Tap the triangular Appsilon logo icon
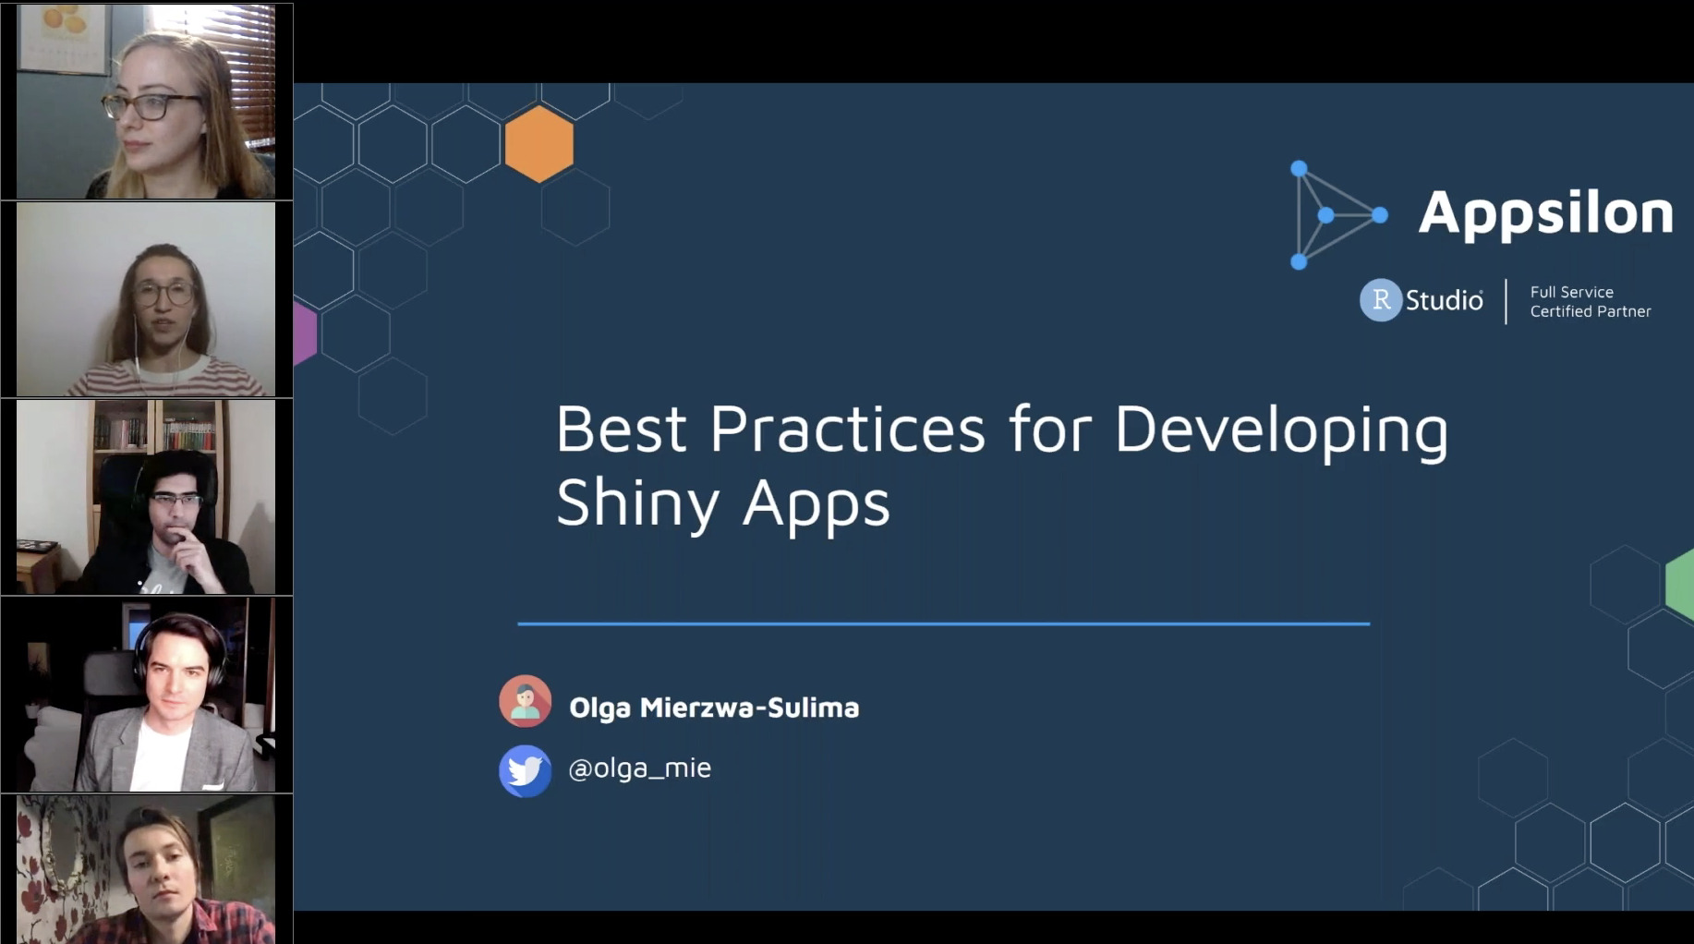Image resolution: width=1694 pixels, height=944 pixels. click(x=1338, y=215)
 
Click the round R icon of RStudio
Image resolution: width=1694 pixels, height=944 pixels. click(x=1381, y=300)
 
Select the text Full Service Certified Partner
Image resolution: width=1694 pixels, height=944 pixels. click(x=1590, y=302)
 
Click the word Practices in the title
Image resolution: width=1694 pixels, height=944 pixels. click(x=847, y=430)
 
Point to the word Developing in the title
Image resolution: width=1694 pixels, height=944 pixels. click(x=1281, y=431)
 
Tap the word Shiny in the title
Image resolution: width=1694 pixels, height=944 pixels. click(x=637, y=503)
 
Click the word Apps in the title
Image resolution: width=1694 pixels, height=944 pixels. click(x=817, y=505)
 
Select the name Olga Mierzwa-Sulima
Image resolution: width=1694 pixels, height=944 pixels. click(x=714, y=708)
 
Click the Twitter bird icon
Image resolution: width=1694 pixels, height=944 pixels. click(x=526, y=770)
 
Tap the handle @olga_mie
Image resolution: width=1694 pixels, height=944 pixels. click(x=640, y=768)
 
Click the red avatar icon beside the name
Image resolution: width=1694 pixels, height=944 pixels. click(x=526, y=701)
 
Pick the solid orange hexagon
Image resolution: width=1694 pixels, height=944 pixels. click(x=539, y=143)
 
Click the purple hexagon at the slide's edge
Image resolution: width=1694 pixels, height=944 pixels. click(x=305, y=333)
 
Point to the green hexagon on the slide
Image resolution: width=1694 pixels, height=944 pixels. click(x=1680, y=584)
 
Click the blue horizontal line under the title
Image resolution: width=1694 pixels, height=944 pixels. click(x=943, y=623)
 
